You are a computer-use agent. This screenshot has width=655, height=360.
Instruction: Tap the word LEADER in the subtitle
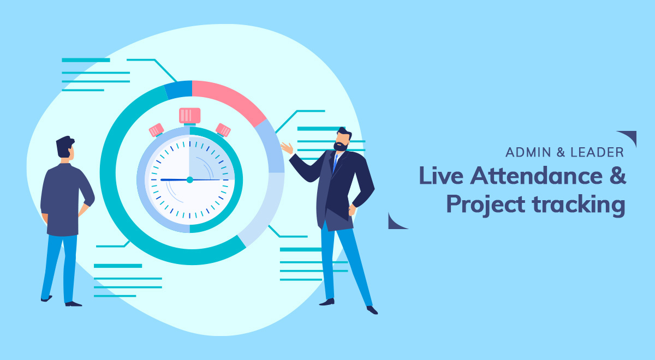pos(597,152)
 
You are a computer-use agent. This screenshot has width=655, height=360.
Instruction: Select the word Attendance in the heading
pos(536,176)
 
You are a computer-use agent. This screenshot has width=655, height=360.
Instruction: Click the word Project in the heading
pos(486,205)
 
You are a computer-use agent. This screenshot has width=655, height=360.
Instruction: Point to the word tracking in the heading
pos(579,205)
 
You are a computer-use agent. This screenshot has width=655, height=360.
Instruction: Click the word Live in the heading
pos(441,175)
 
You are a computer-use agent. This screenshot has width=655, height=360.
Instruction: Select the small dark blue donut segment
pos(178,89)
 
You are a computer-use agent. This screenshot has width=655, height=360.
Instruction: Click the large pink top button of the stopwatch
pos(190,116)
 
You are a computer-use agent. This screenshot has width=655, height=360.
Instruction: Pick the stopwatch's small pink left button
pos(157,130)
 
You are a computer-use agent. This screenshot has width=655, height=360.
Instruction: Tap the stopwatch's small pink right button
pos(223,130)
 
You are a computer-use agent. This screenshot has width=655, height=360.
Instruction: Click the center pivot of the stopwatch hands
pos(190,179)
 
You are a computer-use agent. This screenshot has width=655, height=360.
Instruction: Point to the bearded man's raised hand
pos(287,148)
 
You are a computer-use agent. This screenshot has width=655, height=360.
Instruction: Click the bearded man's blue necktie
pos(335,163)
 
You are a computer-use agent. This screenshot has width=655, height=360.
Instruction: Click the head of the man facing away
pos(65,148)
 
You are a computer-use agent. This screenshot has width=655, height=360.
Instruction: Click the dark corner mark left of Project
pos(395,223)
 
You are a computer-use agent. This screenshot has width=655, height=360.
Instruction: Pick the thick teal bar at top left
pos(86,60)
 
